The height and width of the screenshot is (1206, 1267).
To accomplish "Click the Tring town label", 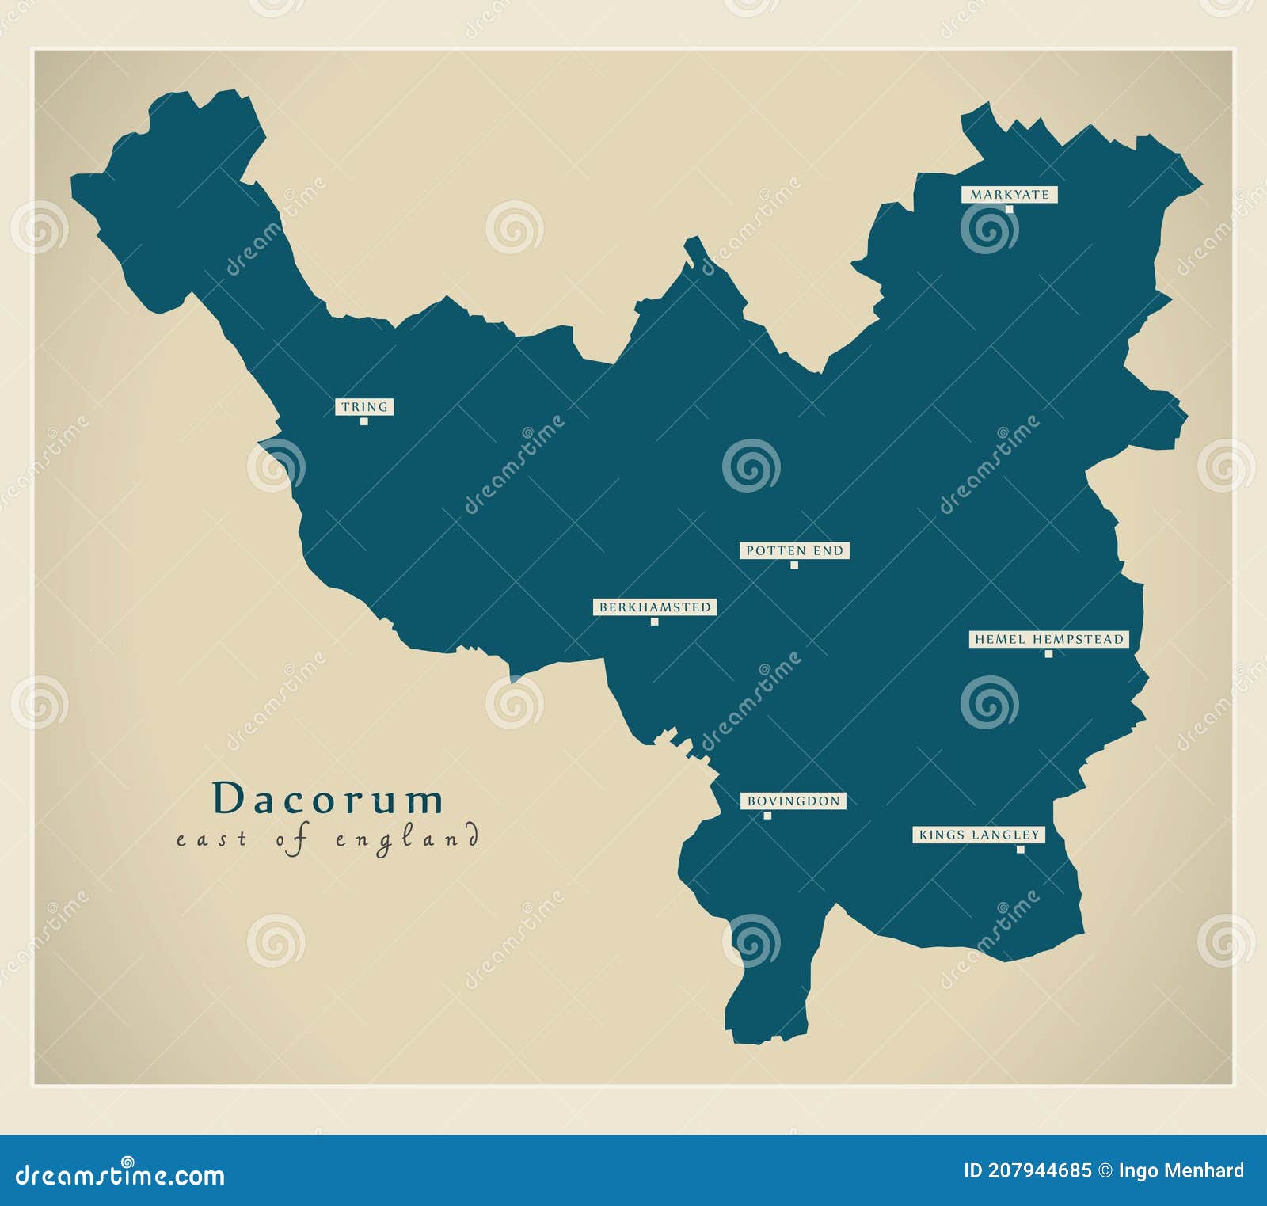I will [364, 407].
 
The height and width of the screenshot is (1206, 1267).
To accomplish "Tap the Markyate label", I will [1009, 195].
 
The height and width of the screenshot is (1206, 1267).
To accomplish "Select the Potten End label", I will [794, 550].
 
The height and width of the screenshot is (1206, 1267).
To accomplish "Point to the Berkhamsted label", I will [654, 607].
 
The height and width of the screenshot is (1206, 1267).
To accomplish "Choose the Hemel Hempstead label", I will [1048, 639].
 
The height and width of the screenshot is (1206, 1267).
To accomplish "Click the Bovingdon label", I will [793, 801].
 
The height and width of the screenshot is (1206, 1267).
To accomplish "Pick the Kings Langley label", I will [978, 835].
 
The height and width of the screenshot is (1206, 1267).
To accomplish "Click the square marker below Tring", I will [364, 421].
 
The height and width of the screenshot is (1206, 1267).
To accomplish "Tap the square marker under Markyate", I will [1009, 209].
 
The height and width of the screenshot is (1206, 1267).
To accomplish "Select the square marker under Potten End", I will [794, 565].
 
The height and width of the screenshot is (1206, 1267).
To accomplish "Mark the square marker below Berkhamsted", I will [654, 622].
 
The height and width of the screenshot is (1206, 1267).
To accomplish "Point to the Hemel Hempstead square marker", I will [1048, 654].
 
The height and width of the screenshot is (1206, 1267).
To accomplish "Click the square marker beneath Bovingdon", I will [767, 816].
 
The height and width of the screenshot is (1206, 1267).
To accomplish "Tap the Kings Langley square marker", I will [1020, 850].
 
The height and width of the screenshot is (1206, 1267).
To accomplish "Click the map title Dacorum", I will [328, 798].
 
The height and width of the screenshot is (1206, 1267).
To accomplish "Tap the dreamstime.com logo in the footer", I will [120, 1176].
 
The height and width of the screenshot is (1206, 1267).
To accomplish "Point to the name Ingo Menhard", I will [1181, 1170].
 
